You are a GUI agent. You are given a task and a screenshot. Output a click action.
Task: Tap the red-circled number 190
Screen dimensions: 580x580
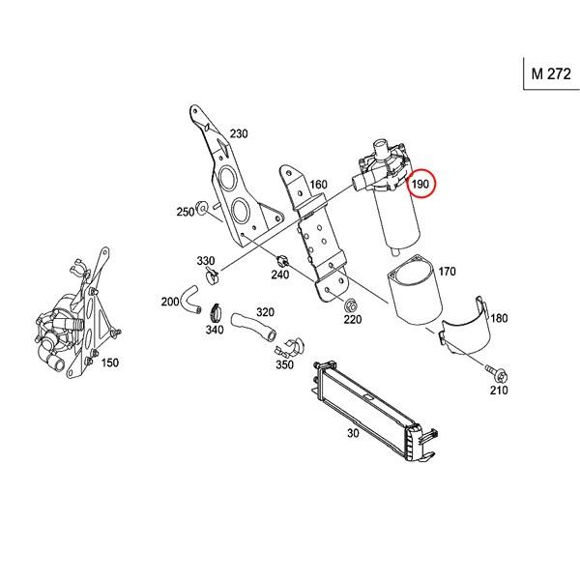[x=420, y=185]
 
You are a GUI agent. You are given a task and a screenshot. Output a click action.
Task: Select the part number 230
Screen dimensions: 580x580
[x=239, y=134]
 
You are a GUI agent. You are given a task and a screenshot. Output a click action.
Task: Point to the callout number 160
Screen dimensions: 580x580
[x=318, y=185]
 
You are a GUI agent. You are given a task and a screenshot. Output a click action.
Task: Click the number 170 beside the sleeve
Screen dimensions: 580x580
[x=446, y=272]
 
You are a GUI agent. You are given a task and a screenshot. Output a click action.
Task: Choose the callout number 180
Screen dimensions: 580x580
[x=499, y=318]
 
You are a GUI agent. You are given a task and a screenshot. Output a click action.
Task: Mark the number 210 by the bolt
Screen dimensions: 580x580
[x=498, y=391]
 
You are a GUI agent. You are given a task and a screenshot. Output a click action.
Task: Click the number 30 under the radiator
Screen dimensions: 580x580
[x=353, y=435]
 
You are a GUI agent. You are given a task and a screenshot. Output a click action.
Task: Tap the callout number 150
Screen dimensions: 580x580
[x=109, y=362]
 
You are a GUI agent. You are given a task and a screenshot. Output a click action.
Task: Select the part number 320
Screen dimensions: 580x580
[x=265, y=312]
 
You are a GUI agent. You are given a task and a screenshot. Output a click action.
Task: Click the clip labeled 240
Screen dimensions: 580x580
[x=281, y=259]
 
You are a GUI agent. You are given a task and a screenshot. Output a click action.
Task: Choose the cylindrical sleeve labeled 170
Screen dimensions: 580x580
[x=411, y=290]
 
